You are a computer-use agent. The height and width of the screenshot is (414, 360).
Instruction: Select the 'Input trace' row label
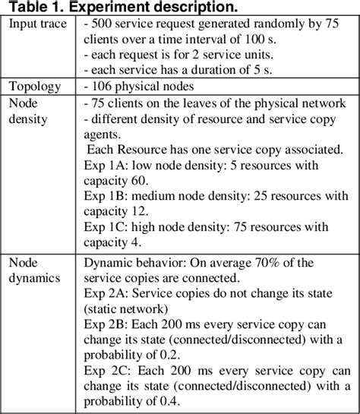[x=38, y=24]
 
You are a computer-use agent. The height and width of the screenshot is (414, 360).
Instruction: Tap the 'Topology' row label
[x=35, y=86]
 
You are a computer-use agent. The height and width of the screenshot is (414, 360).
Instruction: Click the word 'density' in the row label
[x=28, y=119]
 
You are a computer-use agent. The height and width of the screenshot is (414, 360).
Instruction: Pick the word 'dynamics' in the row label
[x=33, y=277]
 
